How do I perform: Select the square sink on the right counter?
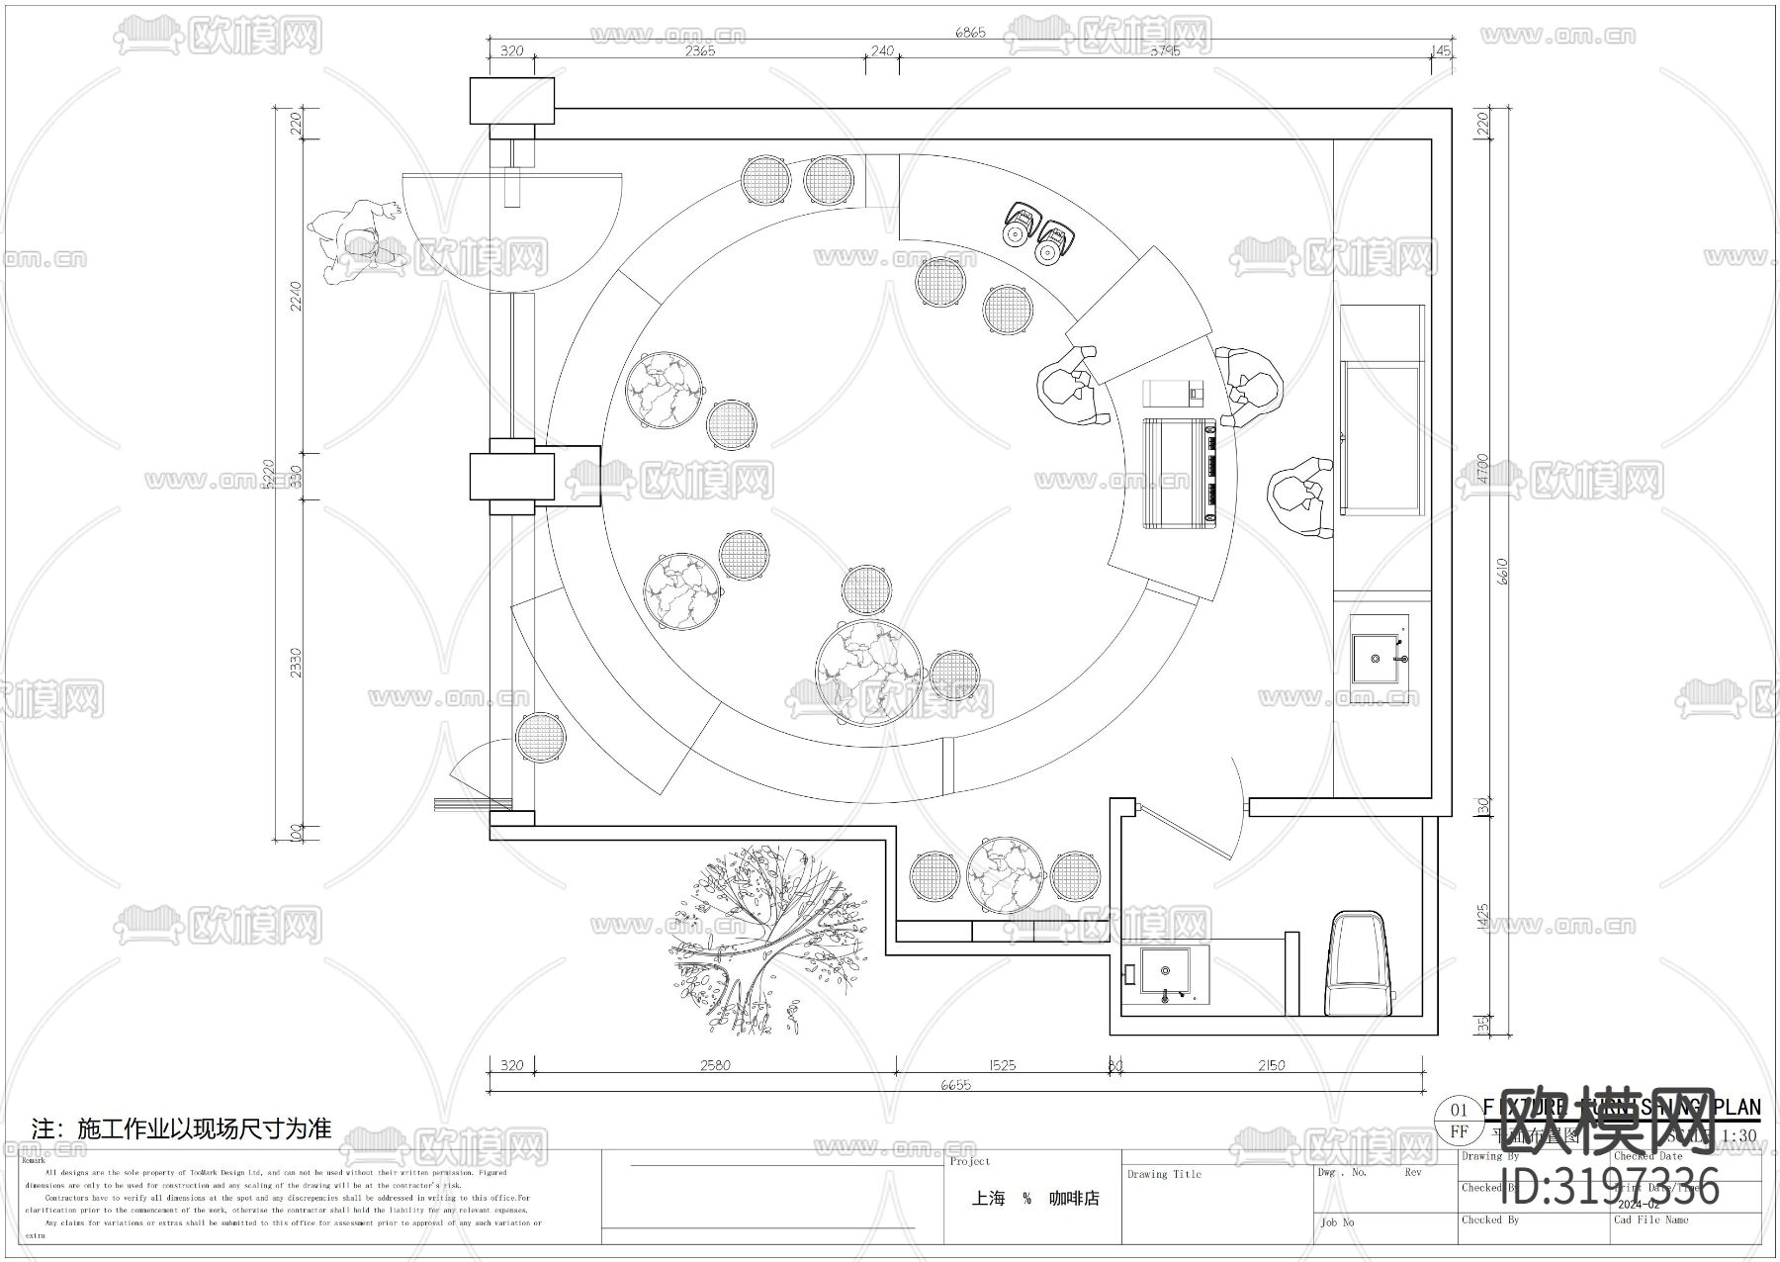tap(1380, 657)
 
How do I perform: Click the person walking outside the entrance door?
tap(359, 241)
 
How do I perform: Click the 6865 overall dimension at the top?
tap(969, 33)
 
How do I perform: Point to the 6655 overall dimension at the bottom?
tap(955, 1085)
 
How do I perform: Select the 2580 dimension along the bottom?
tap(714, 1065)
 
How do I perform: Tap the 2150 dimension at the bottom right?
tap(1271, 1065)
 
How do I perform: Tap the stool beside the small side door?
tap(541, 738)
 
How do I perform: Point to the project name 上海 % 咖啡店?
tap(1034, 1199)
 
